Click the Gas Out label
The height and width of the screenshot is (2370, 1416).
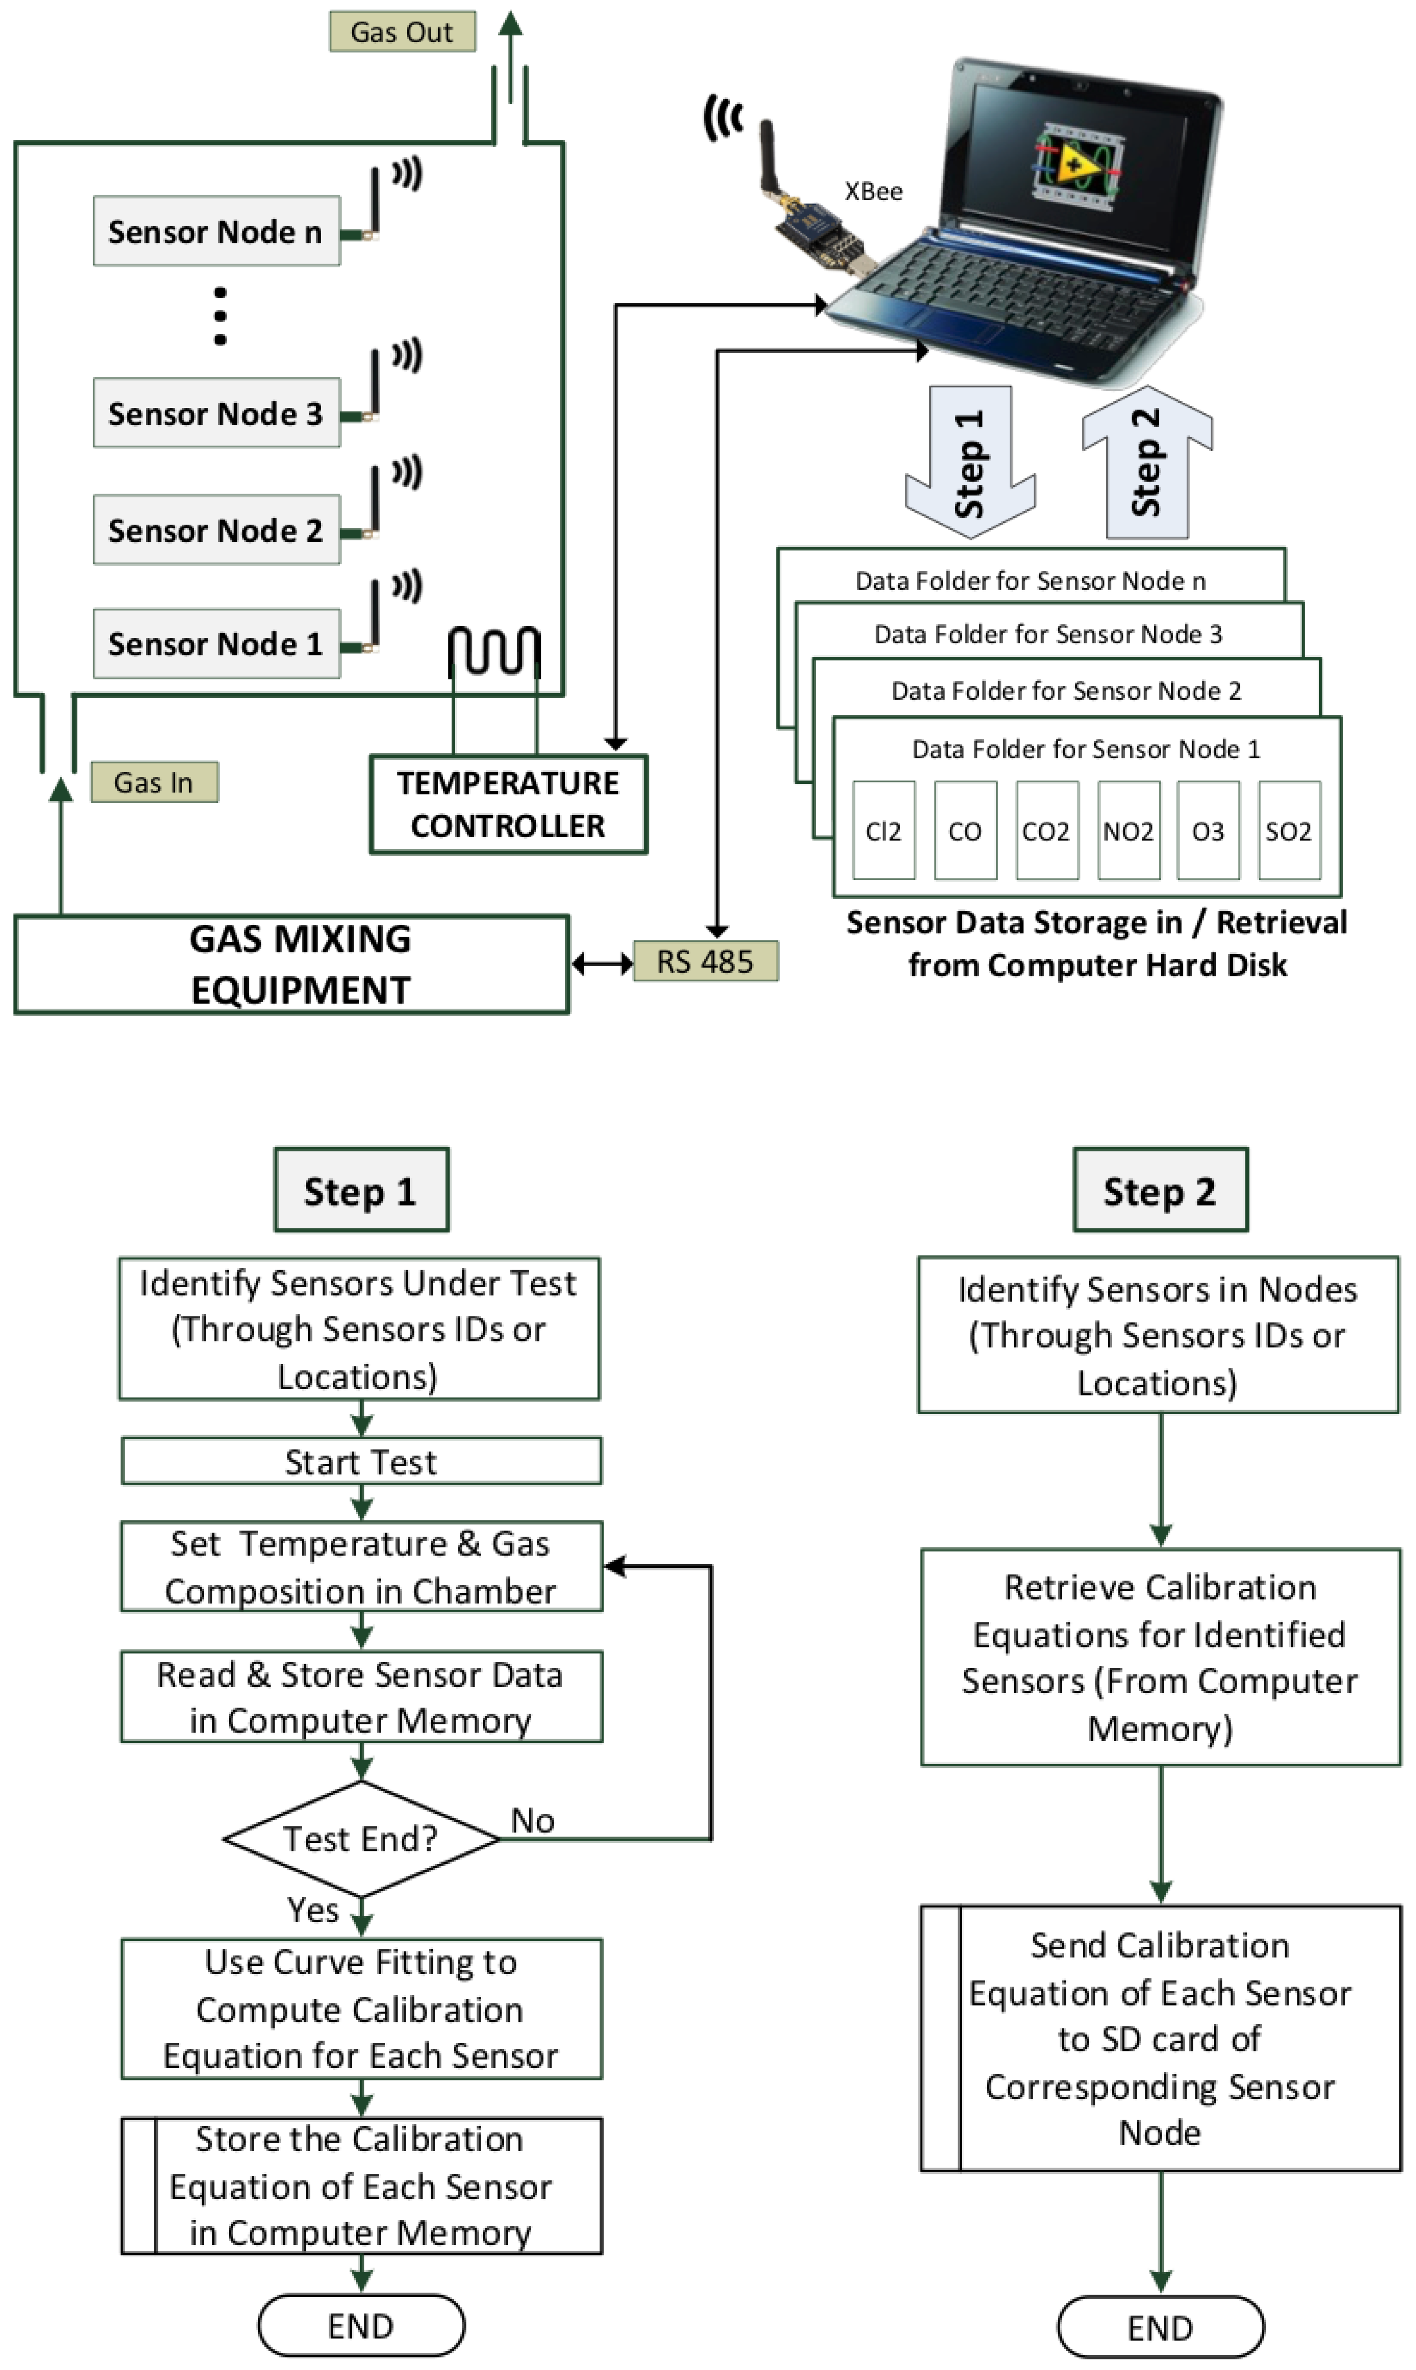coord(402,32)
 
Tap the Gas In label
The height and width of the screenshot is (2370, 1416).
coord(153,782)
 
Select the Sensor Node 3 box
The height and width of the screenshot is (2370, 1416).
coord(216,413)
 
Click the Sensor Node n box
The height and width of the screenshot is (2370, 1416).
coord(216,231)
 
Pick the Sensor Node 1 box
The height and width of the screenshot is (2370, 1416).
coord(216,644)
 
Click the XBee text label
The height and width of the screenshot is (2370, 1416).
coord(873,192)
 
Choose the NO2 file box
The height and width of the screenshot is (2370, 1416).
coord(1128,831)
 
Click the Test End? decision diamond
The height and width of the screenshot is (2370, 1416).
coord(361,1838)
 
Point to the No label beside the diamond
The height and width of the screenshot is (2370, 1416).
coord(533,1820)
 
